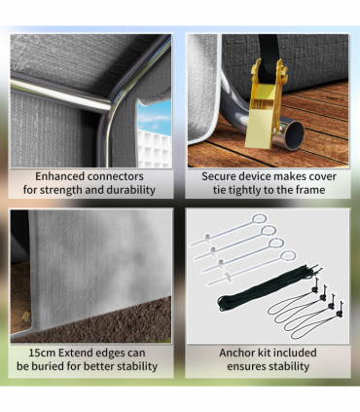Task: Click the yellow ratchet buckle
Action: pyautogui.click(x=267, y=105)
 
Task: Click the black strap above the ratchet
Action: pyautogui.click(x=269, y=58)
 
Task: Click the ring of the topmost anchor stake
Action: pyautogui.click(x=260, y=219)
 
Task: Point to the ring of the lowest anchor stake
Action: pyautogui.click(x=288, y=256)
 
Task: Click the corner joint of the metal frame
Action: pyautogui.click(x=110, y=109)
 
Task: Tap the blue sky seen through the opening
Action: pyautogui.click(x=155, y=115)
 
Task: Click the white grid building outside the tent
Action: pyautogui.click(x=155, y=149)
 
